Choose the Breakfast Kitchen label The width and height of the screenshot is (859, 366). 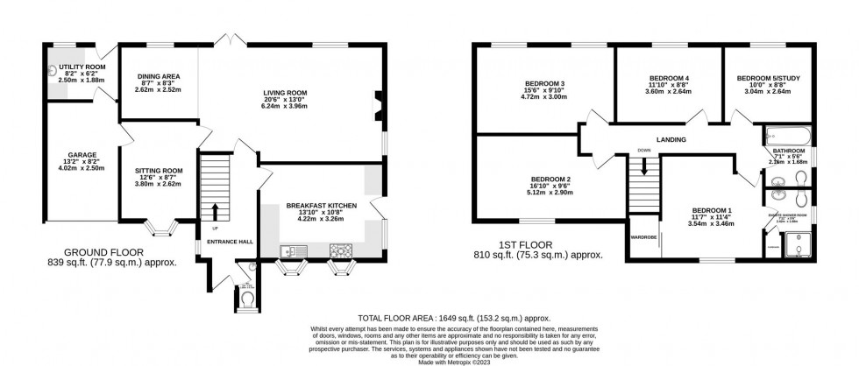coord(317,206)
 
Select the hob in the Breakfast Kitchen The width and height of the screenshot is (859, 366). coord(338,252)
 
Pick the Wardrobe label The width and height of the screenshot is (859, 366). coord(643,236)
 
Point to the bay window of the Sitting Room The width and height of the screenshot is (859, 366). coord(159,229)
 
